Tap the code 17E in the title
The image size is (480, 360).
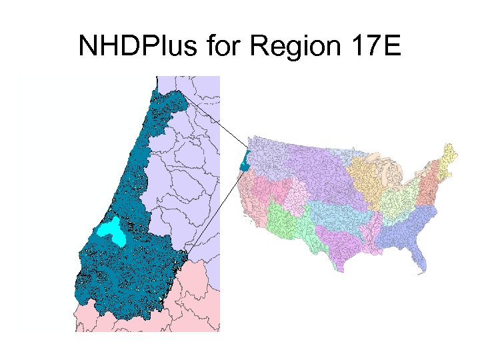[377, 46]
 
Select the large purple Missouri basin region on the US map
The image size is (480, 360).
[313, 167]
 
